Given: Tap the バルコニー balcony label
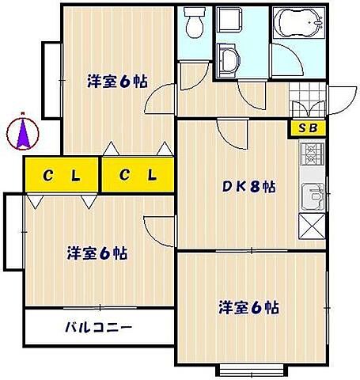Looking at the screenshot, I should point(99,326).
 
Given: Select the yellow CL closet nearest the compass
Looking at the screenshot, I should point(62,176).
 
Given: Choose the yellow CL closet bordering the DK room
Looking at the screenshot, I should point(138,176).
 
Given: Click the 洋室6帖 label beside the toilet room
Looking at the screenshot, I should point(116,81).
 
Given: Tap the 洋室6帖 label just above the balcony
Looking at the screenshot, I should point(97,254).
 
